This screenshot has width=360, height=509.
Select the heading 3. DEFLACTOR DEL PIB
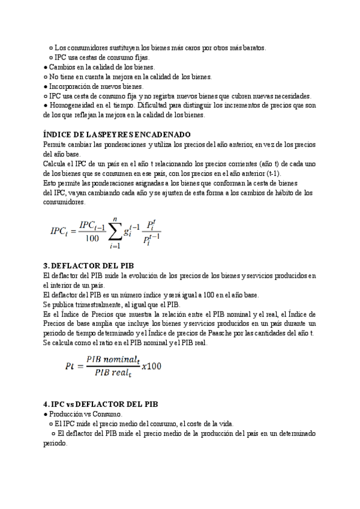click(89, 266)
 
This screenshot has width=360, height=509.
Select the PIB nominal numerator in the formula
click(111, 359)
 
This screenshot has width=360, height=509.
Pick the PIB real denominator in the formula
click(111, 373)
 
